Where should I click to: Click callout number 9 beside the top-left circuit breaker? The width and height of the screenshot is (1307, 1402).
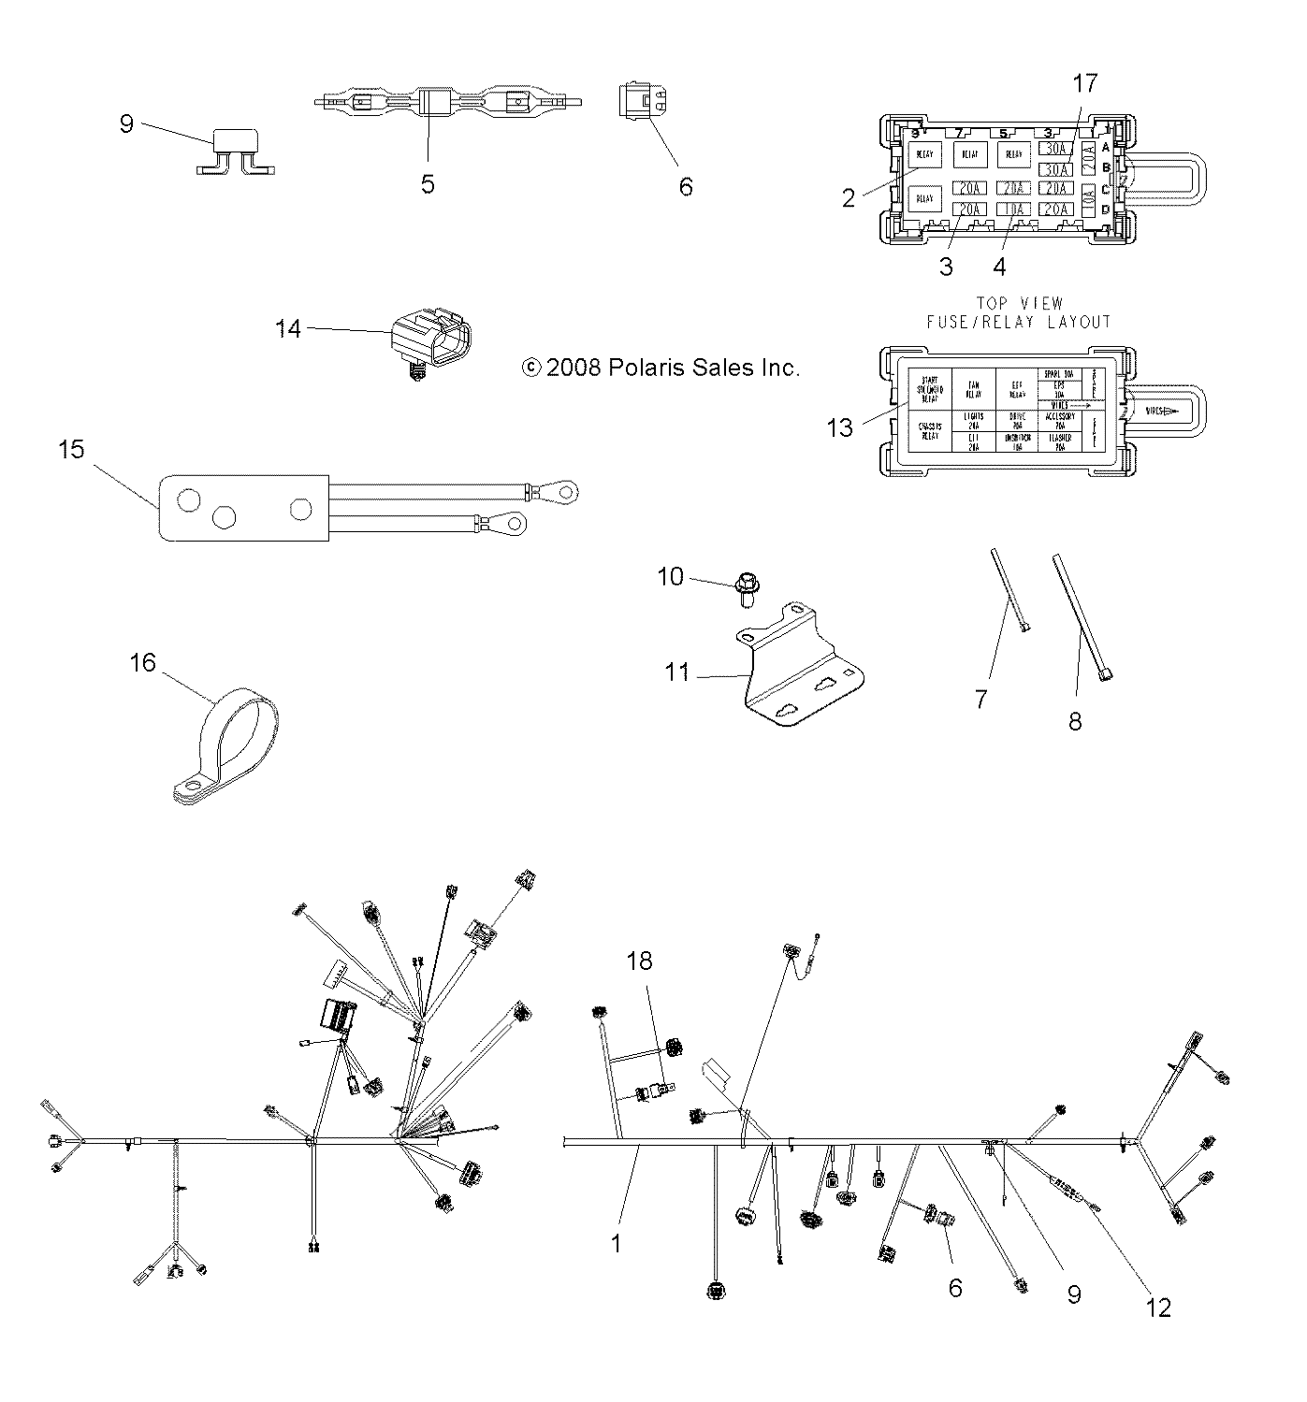(x=127, y=124)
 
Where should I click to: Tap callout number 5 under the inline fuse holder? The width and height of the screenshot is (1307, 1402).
(x=428, y=184)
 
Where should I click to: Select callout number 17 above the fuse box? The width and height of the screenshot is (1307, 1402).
(x=1084, y=83)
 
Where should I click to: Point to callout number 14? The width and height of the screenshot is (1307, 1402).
(x=288, y=328)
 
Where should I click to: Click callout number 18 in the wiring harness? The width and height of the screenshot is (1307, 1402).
(x=640, y=961)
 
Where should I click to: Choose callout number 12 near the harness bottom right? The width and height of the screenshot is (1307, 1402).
(x=1158, y=1308)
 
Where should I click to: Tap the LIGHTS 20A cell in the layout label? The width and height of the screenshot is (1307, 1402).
(x=972, y=418)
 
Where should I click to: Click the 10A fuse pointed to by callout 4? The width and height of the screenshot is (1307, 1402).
(x=1011, y=209)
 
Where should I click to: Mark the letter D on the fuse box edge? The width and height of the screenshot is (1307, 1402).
(x=1105, y=209)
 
